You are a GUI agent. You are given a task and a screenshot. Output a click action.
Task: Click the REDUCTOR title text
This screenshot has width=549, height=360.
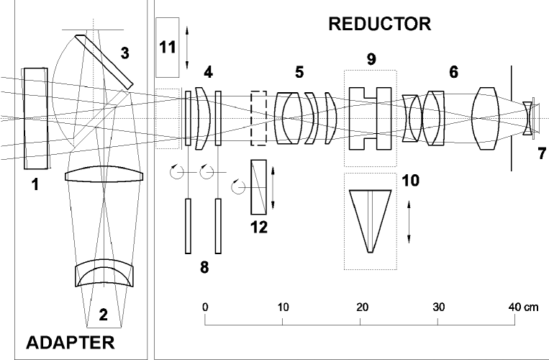(x=379, y=24)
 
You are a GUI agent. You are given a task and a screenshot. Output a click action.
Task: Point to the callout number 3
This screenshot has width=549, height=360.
(x=125, y=54)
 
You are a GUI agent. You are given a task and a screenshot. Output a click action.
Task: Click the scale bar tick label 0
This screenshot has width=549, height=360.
(x=206, y=307)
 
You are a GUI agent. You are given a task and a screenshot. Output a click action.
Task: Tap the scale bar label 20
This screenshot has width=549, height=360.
(x=361, y=307)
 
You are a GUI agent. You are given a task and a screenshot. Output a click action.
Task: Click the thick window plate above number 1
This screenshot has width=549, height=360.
(x=35, y=117)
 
